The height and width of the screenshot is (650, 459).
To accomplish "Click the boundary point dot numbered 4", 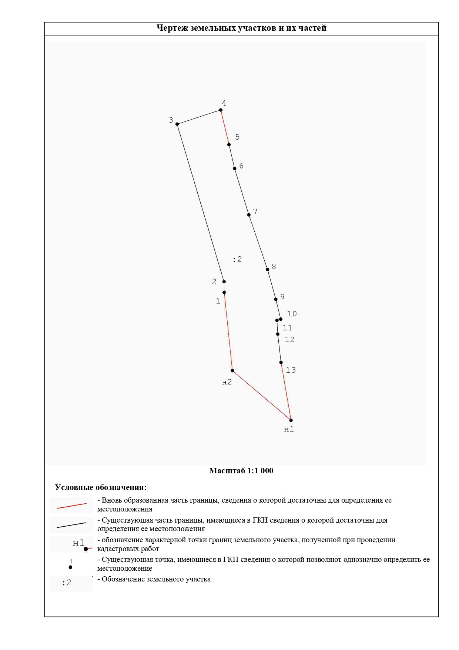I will click(x=221, y=110).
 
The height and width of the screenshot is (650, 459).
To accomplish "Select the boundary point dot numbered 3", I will click(x=177, y=124).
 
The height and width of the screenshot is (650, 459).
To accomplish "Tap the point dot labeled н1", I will click(x=291, y=420).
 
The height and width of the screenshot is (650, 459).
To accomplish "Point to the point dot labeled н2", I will click(x=232, y=370).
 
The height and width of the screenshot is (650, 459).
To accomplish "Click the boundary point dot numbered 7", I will click(x=249, y=215).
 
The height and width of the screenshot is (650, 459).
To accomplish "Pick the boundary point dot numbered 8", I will click(x=267, y=269).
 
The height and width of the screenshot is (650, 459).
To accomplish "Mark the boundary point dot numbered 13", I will click(x=281, y=363).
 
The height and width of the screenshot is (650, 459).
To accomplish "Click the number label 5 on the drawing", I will click(x=237, y=137).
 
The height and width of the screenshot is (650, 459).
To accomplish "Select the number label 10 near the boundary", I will click(x=292, y=314).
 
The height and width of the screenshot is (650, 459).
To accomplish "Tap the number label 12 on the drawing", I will click(x=289, y=340).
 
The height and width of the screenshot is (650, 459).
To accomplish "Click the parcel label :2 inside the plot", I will click(x=237, y=259).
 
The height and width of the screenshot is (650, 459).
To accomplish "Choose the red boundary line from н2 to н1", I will click(x=262, y=396).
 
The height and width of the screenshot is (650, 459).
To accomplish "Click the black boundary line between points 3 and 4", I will click(x=199, y=117).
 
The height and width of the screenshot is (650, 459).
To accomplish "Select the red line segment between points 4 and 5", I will click(x=225, y=127).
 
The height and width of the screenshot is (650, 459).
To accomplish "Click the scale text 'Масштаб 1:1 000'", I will click(x=241, y=471).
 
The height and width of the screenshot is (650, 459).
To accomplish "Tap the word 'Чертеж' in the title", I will click(x=172, y=28).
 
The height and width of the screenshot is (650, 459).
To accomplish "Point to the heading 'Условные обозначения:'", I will click(x=101, y=487).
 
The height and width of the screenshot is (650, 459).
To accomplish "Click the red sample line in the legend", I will click(x=72, y=506).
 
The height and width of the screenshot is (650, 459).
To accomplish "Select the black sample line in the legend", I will click(x=71, y=525).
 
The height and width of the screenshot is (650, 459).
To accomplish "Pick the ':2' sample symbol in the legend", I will click(x=67, y=583).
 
